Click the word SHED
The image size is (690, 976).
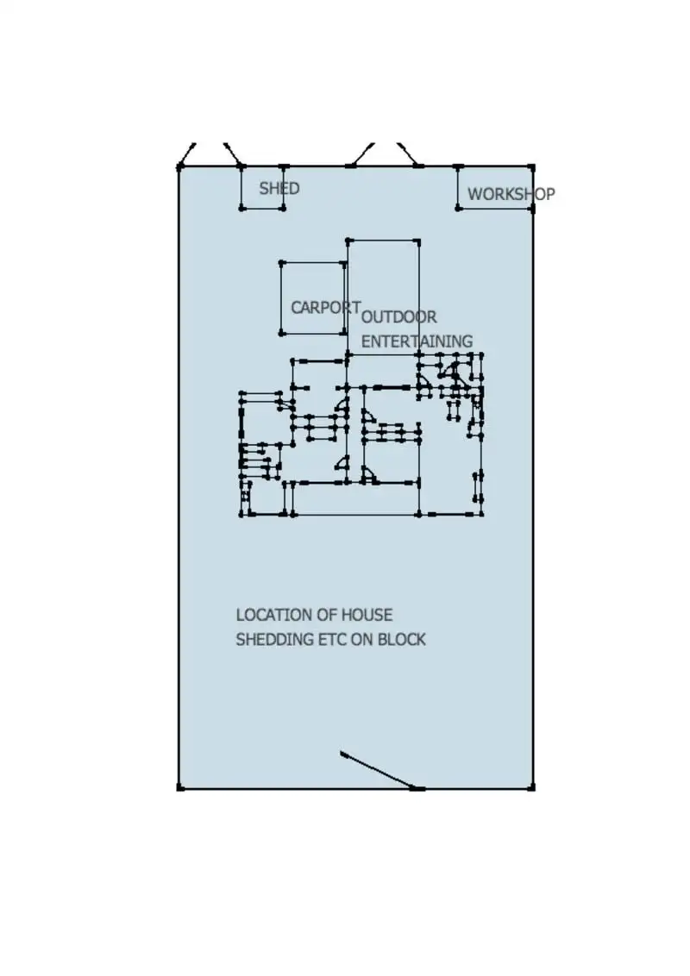[x=279, y=188]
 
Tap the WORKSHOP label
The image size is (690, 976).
[x=511, y=194]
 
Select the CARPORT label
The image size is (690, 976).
[x=325, y=307]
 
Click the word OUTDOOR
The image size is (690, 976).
[x=399, y=317]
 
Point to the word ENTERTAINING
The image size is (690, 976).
[x=417, y=341]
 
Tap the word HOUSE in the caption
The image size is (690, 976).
[x=367, y=615]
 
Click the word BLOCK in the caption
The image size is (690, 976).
[x=402, y=640]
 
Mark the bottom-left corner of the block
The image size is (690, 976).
[x=179, y=787]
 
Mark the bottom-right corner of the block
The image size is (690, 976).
[x=532, y=787]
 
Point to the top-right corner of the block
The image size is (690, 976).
[x=531, y=166]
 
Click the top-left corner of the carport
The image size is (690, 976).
[x=281, y=262]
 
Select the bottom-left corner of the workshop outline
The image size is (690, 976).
[x=459, y=208]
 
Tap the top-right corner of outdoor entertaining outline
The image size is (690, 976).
[x=418, y=241]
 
